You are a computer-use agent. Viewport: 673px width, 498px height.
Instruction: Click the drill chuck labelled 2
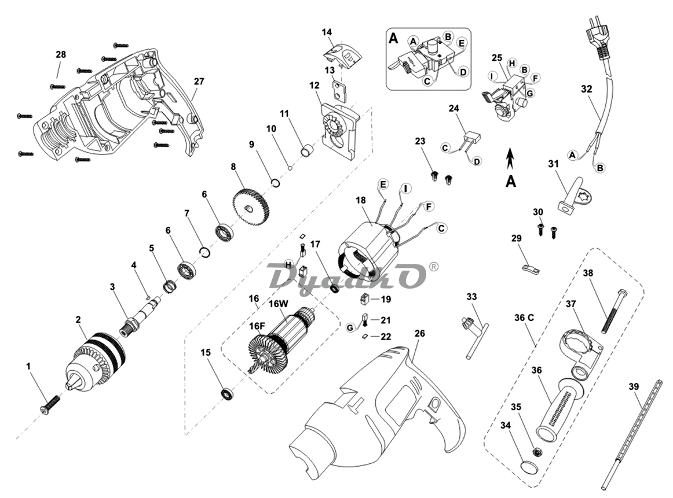coord(96,361)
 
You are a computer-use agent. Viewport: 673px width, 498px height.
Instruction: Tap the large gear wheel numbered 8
coord(251,209)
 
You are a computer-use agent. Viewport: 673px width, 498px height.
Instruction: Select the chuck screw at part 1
coord(50,404)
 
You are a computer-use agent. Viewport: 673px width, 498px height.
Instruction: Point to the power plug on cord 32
coord(596,40)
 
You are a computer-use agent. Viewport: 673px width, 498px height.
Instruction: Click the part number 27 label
coord(199,81)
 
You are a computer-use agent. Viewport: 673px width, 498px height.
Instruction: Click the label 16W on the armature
coord(279,304)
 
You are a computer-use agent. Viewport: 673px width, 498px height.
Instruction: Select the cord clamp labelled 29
coord(531,269)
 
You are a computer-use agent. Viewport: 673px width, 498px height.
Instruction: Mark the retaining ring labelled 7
coord(206,252)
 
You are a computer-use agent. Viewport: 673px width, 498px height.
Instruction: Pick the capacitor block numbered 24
coord(472,137)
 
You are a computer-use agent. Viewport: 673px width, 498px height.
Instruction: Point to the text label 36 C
coord(524,318)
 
